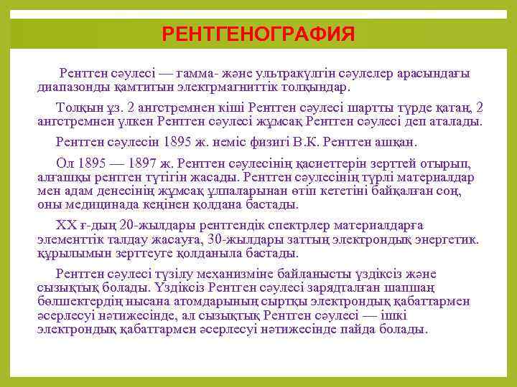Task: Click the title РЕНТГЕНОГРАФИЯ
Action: (x=258, y=34)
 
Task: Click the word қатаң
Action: (x=445, y=107)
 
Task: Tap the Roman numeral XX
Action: (x=65, y=224)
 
